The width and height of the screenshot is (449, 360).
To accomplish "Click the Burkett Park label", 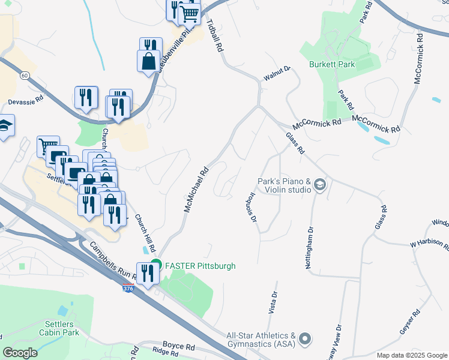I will [332, 64].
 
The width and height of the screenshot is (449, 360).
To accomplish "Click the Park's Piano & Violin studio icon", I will [319, 185].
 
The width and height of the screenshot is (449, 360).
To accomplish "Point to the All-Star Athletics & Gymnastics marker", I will [306, 339].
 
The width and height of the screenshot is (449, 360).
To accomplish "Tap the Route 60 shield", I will [25, 76].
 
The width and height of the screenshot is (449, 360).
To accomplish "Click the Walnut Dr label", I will [276, 74].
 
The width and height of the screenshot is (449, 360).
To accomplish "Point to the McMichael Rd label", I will [195, 191].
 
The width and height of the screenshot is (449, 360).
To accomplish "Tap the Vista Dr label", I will [275, 303].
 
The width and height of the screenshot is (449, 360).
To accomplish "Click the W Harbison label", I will [429, 244].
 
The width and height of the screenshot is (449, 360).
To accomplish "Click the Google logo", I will [20, 353].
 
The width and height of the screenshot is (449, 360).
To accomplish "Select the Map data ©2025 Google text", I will [412, 355].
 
